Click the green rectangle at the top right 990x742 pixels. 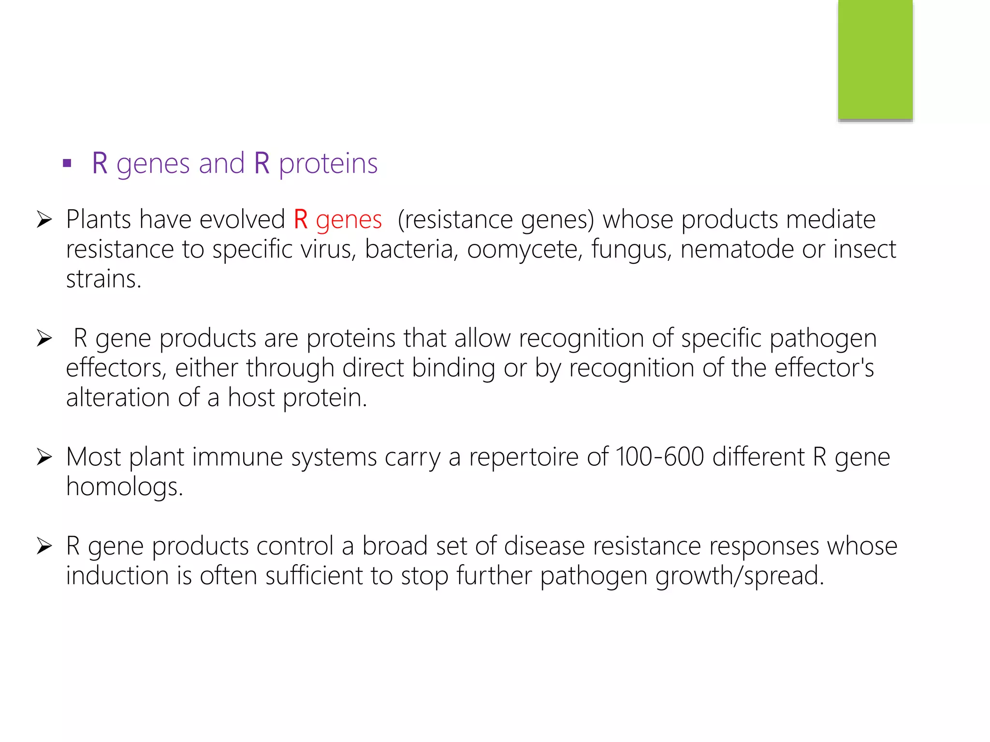coord(875,59)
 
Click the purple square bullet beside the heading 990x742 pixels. coord(67,163)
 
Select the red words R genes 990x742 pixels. coord(337,220)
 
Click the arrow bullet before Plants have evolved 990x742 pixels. coord(44,220)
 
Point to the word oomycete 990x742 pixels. coord(524,250)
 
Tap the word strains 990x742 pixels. coord(103,279)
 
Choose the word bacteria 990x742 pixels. coord(411,250)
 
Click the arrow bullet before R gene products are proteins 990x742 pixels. coord(44,338)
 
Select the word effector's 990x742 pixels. coord(824,368)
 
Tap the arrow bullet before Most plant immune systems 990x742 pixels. coord(44,457)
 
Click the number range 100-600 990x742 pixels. coord(660,457)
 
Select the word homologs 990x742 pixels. coord(124,487)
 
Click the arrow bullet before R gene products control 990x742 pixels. coord(44,546)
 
